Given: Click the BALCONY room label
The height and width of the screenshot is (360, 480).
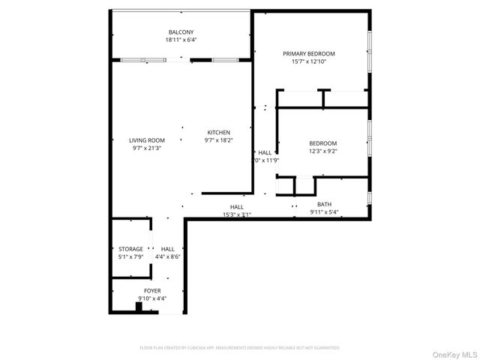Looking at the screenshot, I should click(x=181, y=31).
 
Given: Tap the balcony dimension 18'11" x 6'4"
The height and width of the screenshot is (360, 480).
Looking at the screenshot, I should click(x=181, y=40).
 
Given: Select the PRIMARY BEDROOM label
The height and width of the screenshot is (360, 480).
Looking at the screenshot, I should click(x=308, y=54).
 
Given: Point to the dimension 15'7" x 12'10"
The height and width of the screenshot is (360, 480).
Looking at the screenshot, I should click(x=308, y=62).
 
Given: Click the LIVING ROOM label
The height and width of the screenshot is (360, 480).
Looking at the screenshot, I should click(x=146, y=140).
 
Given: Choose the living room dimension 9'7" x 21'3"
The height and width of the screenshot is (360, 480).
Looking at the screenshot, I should click(x=146, y=148).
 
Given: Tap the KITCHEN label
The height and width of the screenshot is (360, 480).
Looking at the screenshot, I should click(x=218, y=132).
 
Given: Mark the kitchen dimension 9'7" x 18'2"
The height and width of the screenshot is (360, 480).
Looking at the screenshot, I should click(x=218, y=140).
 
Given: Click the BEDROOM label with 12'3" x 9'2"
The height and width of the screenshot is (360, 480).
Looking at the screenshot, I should click(x=322, y=143).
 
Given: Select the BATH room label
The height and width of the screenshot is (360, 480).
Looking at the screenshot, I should click(x=324, y=204).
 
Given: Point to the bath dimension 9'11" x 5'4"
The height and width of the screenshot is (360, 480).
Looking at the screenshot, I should click(x=324, y=212).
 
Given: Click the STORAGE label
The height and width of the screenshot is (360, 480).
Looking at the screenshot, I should click(x=130, y=249).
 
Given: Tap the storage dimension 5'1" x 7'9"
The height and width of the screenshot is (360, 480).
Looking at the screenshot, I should click(x=130, y=257).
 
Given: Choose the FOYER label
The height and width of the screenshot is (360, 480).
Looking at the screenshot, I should click(x=152, y=290).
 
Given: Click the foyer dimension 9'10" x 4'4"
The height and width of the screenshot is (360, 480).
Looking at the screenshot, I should click(x=152, y=298).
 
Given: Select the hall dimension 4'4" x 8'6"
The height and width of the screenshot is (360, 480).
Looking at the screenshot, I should click(x=167, y=257).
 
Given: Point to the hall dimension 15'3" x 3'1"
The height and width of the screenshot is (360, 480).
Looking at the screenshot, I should click(x=236, y=215).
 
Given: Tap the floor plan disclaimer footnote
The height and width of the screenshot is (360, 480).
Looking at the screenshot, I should click(x=240, y=348).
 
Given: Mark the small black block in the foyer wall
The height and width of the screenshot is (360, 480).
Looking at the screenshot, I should click(x=139, y=305).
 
